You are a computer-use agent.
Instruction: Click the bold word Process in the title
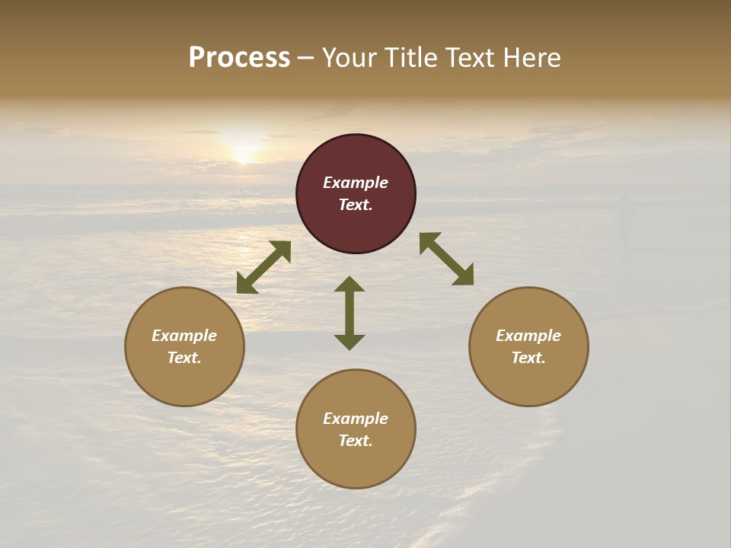click(x=239, y=58)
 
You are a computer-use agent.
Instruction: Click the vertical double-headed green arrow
click(x=350, y=313)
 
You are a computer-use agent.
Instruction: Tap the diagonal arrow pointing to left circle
click(x=263, y=267)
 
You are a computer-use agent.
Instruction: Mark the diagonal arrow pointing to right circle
click(x=447, y=259)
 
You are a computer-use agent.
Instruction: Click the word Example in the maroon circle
click(x=356, y=183)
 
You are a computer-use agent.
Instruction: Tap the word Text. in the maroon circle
click(x=356, y=205)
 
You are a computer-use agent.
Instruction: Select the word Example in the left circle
click(x=184, y=336)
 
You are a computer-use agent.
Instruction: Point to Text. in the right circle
click(x=528, y=358)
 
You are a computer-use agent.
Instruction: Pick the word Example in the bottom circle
click(x=356, y=419)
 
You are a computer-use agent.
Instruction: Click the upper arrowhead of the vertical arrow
click(x=350, y=285)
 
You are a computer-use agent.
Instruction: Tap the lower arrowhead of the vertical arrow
click(x=350, y=342)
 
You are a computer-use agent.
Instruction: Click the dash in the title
click(x=306, y=59)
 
